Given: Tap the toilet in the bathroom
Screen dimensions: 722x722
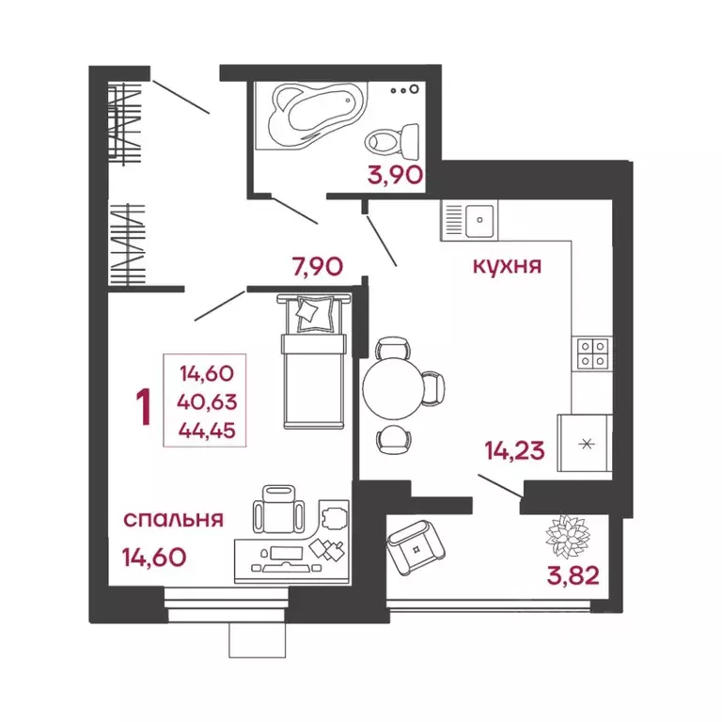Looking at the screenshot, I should pos(391,142).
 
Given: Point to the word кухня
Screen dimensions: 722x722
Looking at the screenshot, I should pos(508,266).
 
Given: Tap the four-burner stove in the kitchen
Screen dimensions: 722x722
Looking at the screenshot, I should pos(593,353).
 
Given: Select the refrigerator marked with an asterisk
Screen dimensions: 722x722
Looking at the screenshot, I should pos(585,443).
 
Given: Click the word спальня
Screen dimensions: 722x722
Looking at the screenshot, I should pos(173,519).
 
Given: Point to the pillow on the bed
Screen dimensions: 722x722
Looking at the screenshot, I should pos(313,311).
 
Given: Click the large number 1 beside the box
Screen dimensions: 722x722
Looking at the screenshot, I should pos(144,406).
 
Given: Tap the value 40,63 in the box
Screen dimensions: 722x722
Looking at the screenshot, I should pos(207,402).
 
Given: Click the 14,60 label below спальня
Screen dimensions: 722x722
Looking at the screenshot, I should pos(154,557).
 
